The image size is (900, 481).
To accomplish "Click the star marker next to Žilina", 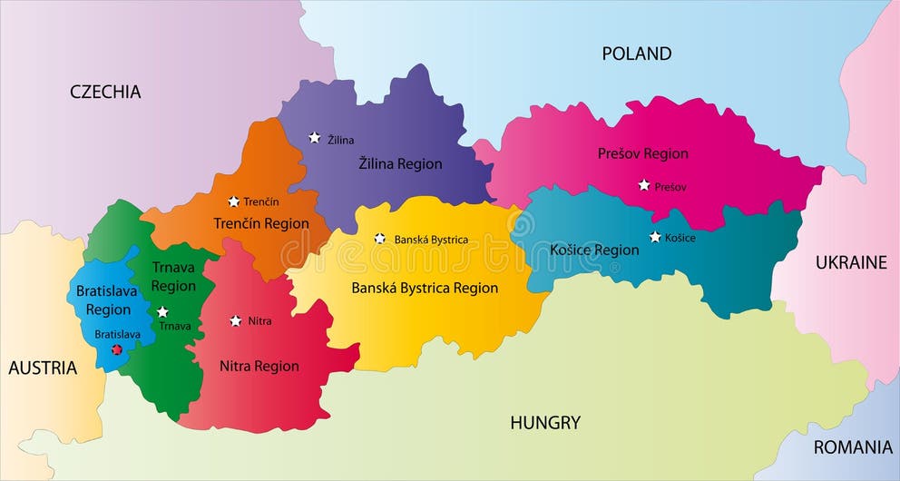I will (314, 138).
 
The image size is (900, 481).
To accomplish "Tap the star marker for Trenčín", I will (233, 201).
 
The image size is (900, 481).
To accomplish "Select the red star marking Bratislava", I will (116, 349).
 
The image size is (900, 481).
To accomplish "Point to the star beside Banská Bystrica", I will (380, 239).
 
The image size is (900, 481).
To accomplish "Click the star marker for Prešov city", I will (644, 185).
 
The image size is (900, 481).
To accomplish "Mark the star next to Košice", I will (655, 237).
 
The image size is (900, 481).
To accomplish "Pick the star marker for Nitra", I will (236, 320).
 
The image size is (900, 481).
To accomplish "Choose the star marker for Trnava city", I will (162, 311).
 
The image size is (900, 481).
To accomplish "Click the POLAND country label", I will (637, 54).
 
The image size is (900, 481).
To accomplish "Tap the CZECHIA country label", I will (106, 92).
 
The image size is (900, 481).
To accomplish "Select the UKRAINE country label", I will (850, 262).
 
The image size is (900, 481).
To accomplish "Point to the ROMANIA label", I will (852, 447).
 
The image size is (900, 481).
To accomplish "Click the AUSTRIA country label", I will (43, 368).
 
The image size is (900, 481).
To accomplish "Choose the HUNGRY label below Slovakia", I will (544, 422).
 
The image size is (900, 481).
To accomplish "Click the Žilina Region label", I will (400, 164).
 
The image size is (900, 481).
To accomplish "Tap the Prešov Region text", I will (642, 153).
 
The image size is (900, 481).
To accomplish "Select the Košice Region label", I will (594, 250).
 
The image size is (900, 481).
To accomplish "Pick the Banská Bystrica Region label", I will (425, 288).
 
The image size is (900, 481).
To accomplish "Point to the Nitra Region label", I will (259, 367).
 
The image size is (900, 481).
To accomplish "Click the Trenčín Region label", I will (261, 223).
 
